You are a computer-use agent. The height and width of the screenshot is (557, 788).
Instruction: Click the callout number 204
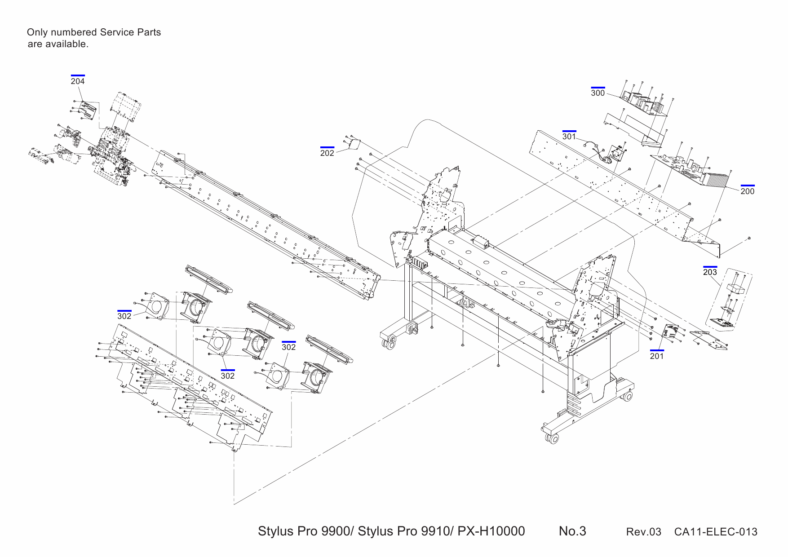(78, 81)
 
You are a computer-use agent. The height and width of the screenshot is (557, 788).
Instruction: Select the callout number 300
(598, 93)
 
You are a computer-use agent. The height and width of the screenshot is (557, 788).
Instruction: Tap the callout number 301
(569, 137)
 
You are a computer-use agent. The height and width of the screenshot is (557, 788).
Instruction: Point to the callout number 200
(747, 191)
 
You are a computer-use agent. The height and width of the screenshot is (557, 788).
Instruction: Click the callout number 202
(327, 153)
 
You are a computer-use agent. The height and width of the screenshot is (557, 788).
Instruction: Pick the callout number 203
(710, 272)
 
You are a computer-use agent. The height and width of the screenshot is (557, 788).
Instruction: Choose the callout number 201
(656, 356)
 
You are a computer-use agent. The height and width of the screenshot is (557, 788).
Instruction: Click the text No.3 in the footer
(572, 531)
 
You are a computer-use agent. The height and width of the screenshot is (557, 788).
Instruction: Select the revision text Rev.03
(643, 532)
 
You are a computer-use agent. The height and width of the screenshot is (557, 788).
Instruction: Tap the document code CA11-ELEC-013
(715, 532)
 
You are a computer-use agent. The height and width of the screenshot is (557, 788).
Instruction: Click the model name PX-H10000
(491, 531)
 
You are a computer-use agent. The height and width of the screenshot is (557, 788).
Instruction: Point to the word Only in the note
(36, 32)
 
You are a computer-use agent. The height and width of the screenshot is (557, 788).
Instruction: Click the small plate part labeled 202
(355, 144)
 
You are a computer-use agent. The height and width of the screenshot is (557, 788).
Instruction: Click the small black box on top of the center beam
(482, 244)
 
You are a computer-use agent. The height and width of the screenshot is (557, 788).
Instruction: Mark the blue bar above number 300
(598, 88)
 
